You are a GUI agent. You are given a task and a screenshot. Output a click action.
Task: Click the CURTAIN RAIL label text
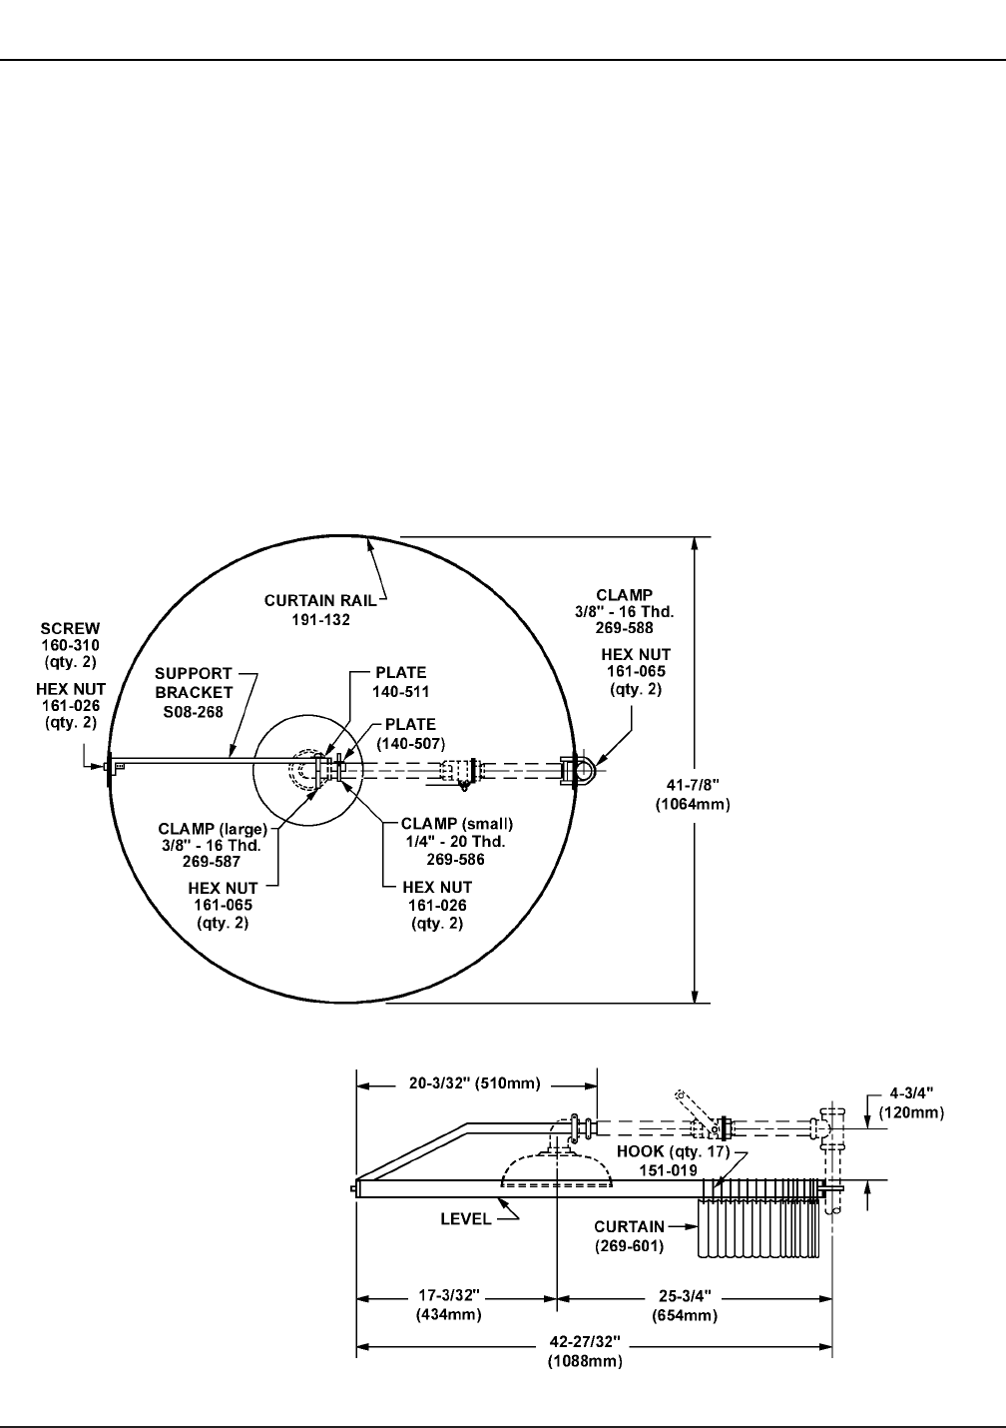click(x=320, y=600)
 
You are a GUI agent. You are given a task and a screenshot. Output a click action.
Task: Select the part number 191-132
click(x=321, y=620)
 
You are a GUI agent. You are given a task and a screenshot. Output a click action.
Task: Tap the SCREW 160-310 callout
click(x=70, y=645)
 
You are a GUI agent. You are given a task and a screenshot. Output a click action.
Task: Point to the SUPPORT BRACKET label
click(x=194, y=683)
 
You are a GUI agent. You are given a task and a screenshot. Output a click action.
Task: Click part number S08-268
click(x=193, y=712)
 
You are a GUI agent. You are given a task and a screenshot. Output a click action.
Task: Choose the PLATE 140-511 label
click(x=401, y=682)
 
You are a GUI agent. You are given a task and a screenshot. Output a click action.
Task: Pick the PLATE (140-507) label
click(x=411, y=734)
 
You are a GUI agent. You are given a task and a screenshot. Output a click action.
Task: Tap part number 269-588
click(x=625, y=628)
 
